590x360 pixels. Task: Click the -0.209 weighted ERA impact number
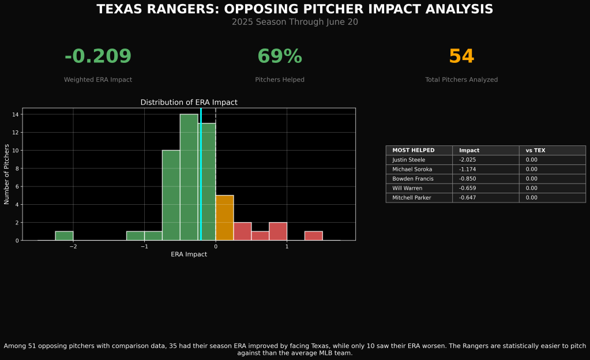click(98, 57)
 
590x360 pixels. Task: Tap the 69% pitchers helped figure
click(280, 57)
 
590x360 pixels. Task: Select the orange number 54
click(461, 57)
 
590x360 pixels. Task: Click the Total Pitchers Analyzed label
click(461, 80)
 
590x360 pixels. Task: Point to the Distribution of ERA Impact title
click(189, 102)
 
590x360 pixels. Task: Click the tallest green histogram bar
click(189, 177)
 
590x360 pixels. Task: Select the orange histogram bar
click(224, 217)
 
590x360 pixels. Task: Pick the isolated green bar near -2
click(64, 235)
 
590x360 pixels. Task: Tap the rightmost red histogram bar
click(313, 235)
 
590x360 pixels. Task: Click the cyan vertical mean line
click(201, 173)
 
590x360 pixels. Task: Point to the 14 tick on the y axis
click(16, 115)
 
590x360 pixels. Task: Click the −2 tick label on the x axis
click(73, 246)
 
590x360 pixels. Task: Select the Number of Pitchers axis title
click(7, 174)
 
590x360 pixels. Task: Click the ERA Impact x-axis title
click(189, 254)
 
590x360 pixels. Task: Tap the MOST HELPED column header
click(414, 151)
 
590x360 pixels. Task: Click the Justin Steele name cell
click(408, 160)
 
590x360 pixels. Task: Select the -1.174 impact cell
click(469, 170)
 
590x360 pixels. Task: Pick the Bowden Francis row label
click(413, 179)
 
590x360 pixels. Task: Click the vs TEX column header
click(535, 151)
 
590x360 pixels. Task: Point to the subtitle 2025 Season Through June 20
click(295, 22)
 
